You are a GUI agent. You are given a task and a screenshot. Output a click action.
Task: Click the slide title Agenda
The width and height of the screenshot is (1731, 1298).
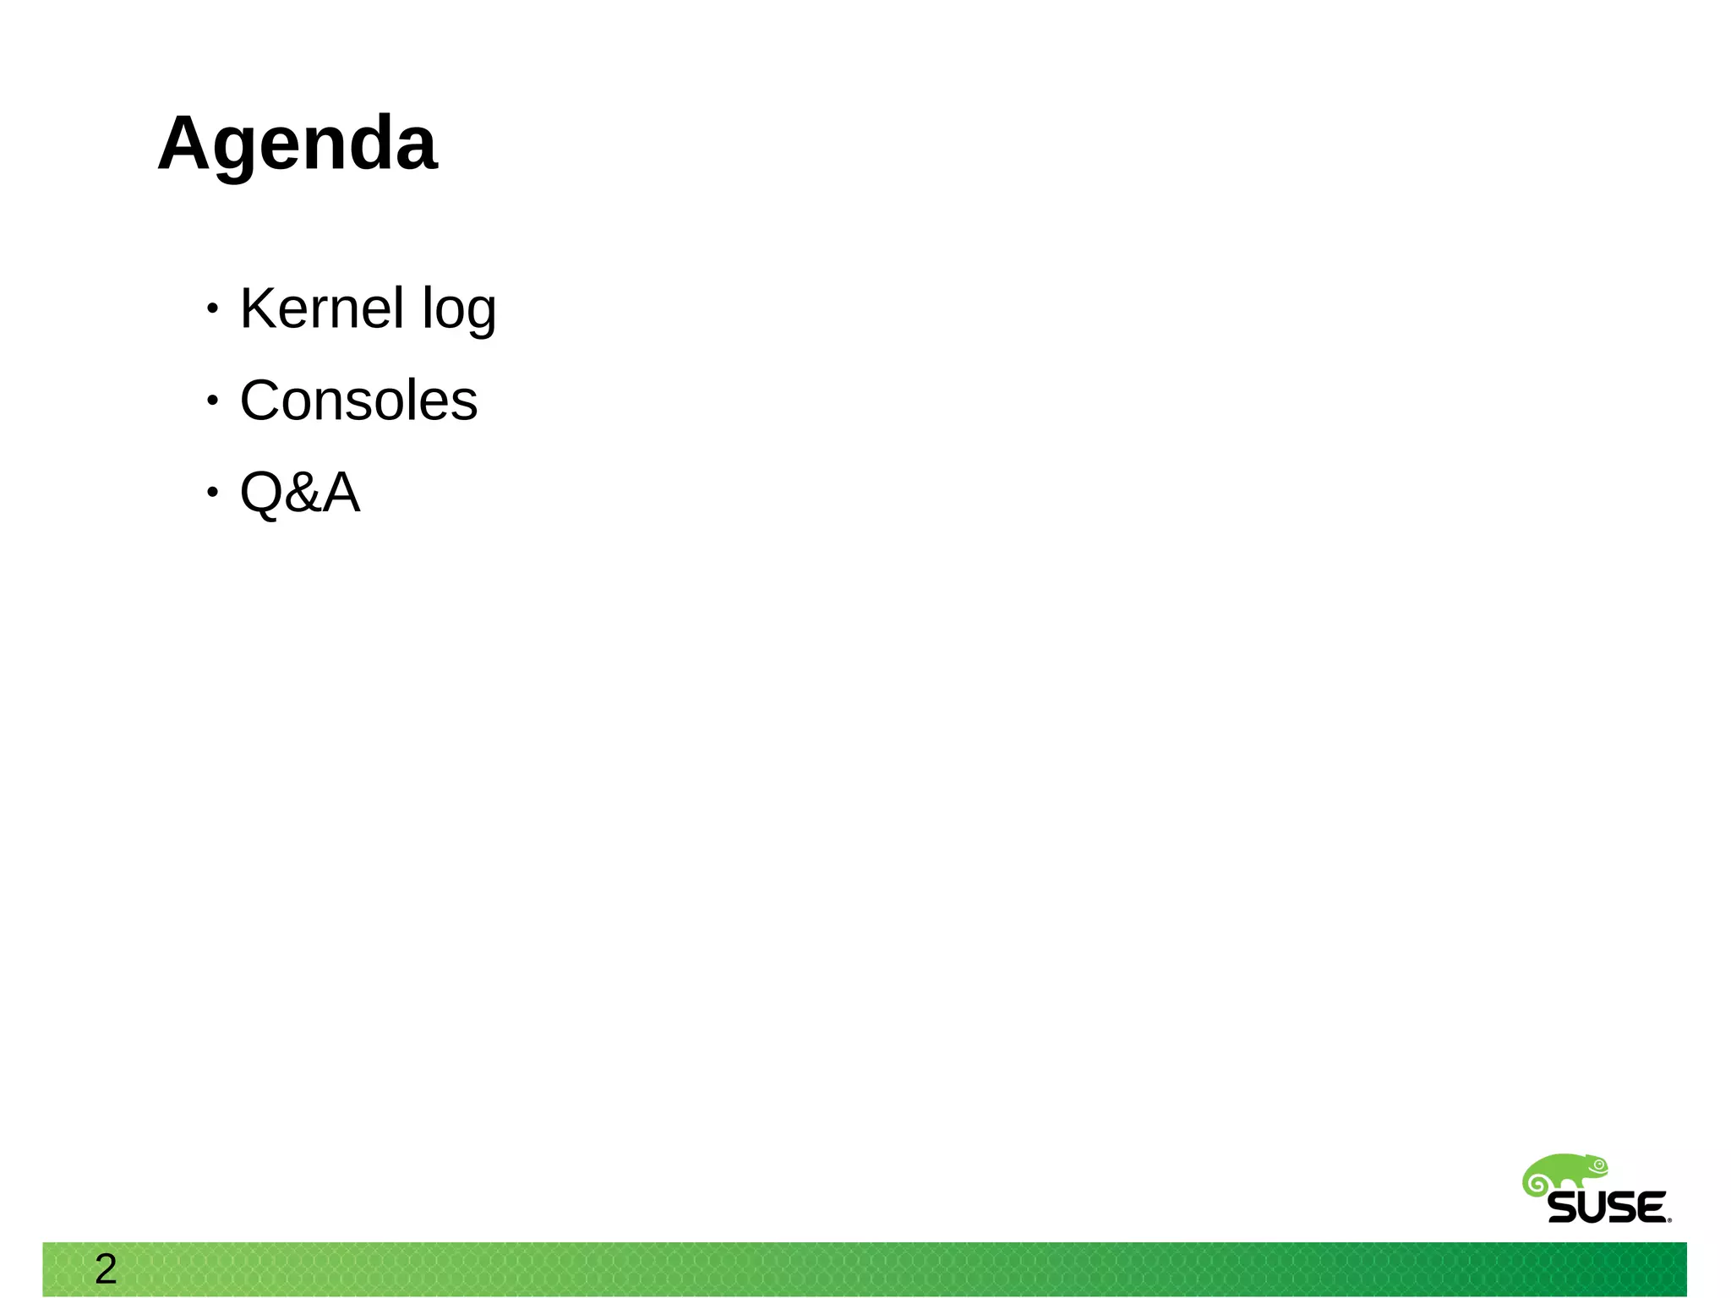click(x=298, y=144)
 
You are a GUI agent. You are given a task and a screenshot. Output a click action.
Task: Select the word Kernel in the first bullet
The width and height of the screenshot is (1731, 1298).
click(x=322, y=308)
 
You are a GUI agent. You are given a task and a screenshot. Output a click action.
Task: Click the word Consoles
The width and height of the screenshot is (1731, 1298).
click(x=358, y=401)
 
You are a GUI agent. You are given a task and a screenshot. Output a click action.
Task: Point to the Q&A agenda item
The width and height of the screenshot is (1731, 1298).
click(x=300, y=493)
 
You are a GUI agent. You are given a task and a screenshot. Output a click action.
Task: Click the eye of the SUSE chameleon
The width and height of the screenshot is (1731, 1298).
click(x=1598, y=1164)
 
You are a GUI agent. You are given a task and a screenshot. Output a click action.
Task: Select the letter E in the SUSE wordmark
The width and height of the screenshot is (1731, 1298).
click(x=1649, y=1208)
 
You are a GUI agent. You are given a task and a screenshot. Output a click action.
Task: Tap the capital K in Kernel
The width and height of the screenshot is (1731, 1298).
click(x=259, y=308)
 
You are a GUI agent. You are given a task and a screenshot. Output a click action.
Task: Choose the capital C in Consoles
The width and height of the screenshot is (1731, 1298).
click(x=260, y=401)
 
